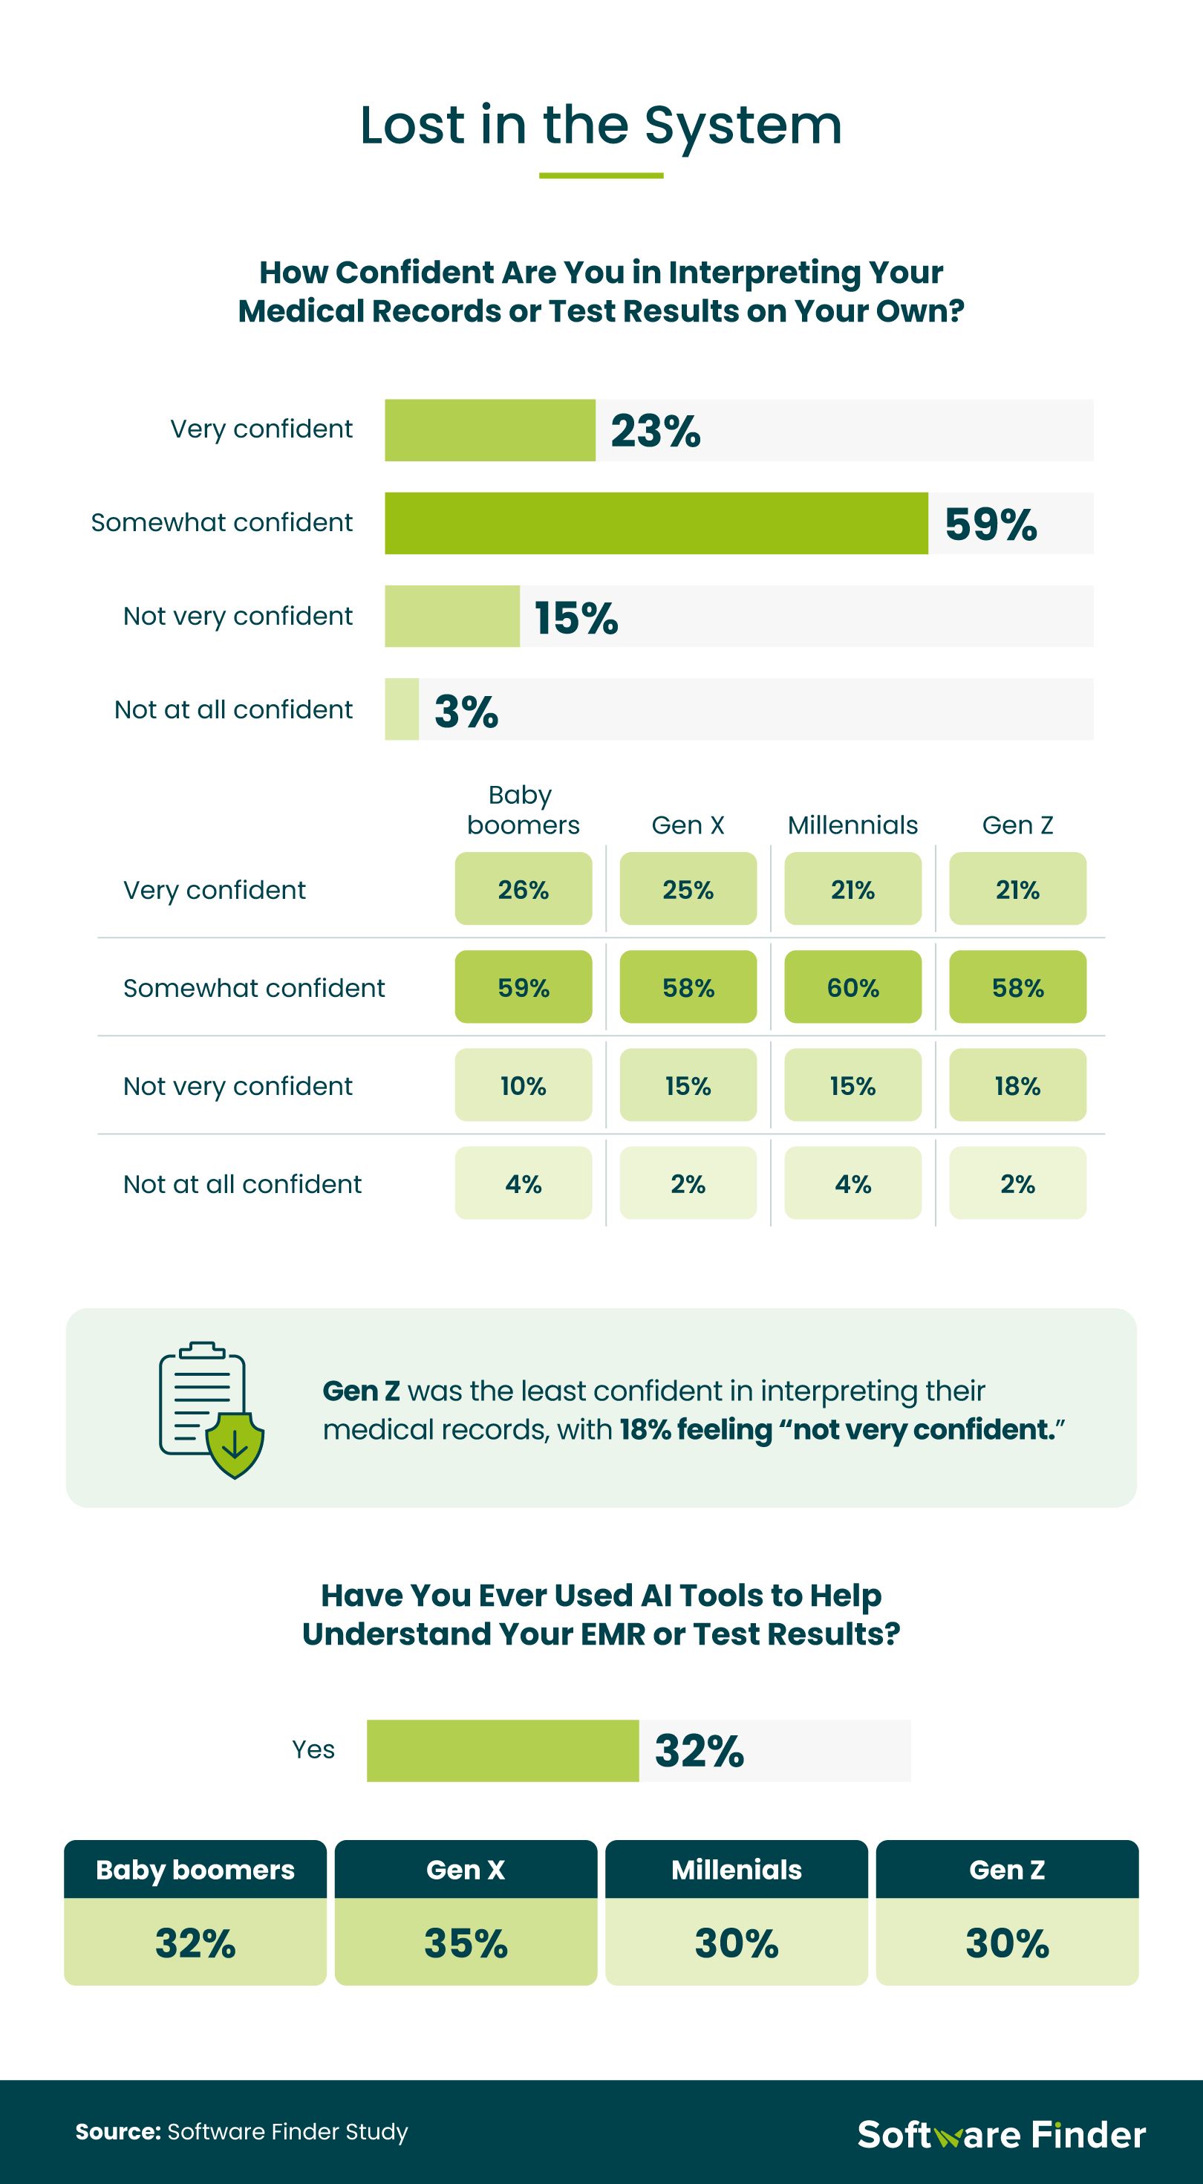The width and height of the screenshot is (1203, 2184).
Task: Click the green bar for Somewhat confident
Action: [656, 523]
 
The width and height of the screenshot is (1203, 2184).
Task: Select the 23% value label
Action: [655, 431]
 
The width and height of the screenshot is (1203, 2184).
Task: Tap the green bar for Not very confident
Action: [451, 617]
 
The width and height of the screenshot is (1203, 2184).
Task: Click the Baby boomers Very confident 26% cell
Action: [523, 888]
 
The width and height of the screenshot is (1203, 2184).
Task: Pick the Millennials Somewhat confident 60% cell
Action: [852, 987]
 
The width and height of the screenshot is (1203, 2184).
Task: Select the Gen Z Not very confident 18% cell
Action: [1017, 1085]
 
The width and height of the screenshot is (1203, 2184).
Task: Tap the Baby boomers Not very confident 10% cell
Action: [523, 1085]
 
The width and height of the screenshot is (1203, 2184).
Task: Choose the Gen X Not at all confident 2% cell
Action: [688, 1183]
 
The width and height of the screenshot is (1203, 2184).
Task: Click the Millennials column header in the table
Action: [852, 825]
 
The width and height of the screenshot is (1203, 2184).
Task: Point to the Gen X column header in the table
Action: [688, 825]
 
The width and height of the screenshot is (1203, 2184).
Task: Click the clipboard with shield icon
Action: [211, 1409]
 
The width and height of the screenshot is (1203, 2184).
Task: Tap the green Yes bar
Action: [502, 1751]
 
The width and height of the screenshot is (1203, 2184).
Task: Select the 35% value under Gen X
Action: [466, 1943]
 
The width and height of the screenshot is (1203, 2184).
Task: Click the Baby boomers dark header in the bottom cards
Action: [195, 1870]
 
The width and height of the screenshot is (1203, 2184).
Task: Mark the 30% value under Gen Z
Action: [1007, 1943]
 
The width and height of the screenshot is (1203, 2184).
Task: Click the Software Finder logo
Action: [1001, 2134]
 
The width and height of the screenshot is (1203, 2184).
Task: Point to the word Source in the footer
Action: [117, 2131]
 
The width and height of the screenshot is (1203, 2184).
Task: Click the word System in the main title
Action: [743, 126]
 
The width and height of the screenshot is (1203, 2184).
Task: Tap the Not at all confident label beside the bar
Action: [233, 709]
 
